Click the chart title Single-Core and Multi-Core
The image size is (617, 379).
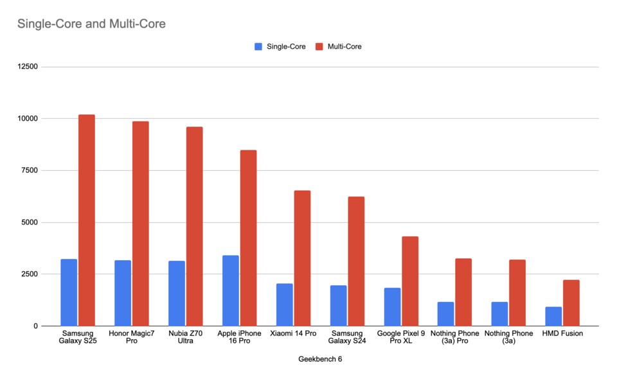pyautogui.click(x=91, y=24)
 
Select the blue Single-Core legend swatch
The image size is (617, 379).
pyautogui.click(x=258, y=46)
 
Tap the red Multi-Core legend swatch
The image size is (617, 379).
pyautogui.click(x=319, y=46)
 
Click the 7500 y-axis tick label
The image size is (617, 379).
pyautogui.click(x=28, y=170)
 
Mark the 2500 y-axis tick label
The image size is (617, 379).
pyautogui.click(x=28, y=274)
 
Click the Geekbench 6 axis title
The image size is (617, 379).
pyautogui.click(x=320, y=359)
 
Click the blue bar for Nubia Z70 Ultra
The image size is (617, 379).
pyautogui.click(x=177, y=294)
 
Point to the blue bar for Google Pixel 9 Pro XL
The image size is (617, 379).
pyautogui.click(x=392, y=307)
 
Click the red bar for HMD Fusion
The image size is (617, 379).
pyautogui.click(x=571, y=303)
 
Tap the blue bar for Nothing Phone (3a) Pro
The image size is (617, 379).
pyautogui.click(x=446, y=314)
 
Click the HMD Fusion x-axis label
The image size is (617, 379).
pyautogui.click(x=563, y=334)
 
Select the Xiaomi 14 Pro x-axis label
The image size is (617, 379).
pyautogui.click(x=293, y=334)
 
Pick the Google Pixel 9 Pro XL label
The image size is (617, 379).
pyautogui.click(x=401, y=337)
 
